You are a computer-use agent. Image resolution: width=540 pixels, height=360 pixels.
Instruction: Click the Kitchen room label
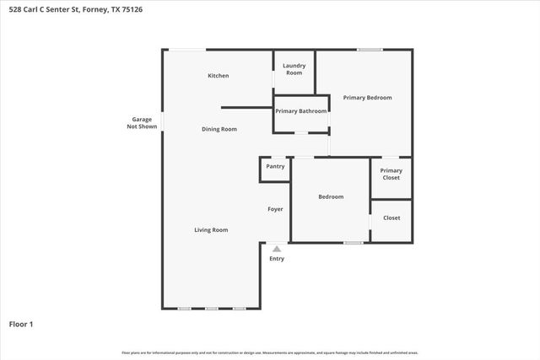tap(219, 76)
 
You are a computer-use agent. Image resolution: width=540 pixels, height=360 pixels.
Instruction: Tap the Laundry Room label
tap(294, 69)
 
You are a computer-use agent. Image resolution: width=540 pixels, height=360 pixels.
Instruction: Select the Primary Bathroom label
tap(300, 110)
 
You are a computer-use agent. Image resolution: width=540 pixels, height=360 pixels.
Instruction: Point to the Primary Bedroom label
tap(367, 98)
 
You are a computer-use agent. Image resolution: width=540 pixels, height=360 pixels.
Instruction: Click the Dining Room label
tap(219, 129)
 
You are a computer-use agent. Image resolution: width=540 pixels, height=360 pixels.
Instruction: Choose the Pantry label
tap(275, 166)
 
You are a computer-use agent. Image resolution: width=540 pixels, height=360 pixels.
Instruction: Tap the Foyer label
tap(275, 209)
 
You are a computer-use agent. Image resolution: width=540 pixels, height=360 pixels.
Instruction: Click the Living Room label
tap(211, 229)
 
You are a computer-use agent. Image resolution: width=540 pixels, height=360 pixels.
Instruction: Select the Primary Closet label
tap(391, 174)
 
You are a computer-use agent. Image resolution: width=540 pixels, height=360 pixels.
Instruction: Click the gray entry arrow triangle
tap(277, 249)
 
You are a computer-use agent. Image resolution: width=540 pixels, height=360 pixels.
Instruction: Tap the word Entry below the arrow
tap(277, 259)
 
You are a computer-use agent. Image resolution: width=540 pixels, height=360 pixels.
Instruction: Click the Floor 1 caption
tap(20, 324)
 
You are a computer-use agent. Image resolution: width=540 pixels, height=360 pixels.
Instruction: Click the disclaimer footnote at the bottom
tap(270, 352)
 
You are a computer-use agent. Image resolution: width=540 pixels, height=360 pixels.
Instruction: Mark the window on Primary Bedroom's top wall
tap(369, 50)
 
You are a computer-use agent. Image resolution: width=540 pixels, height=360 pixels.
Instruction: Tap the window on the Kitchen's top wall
tap(186, 50)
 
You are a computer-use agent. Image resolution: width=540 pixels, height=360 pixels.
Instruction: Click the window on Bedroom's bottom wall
tap(353, 243)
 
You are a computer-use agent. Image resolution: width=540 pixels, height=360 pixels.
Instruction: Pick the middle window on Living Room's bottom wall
tap(212, 309)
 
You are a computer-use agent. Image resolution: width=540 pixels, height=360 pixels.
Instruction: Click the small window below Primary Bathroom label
tap(300, 133)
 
